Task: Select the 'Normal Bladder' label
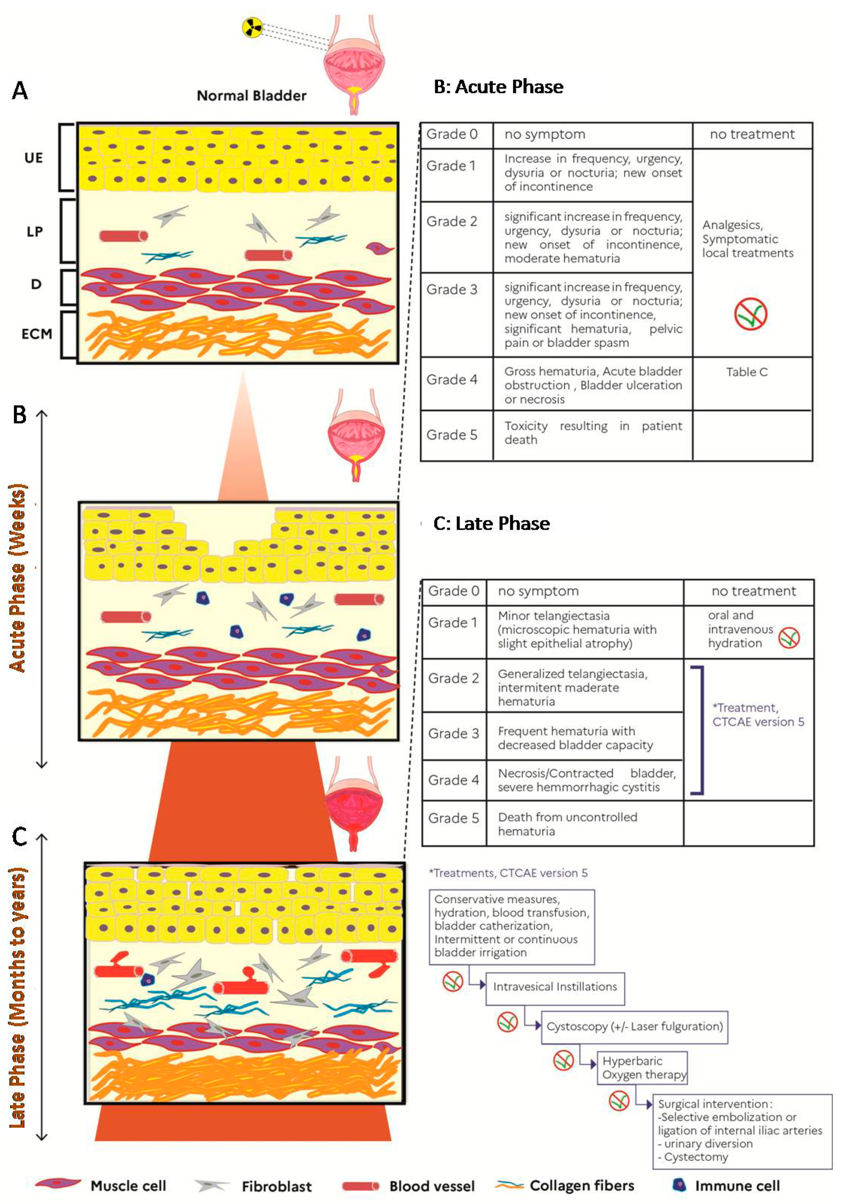coord(251,95)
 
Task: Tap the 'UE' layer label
coord(34,158)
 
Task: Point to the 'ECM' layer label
coord(37,334)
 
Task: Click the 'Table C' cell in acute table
coord(747,372)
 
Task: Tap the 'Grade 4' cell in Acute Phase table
coord(452,380)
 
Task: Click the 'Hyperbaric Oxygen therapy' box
coord(642,1068)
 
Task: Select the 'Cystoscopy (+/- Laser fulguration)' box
coord(634,1026)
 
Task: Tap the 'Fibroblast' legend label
coord(277,1186)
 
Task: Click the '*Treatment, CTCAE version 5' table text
coord(758,715)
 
